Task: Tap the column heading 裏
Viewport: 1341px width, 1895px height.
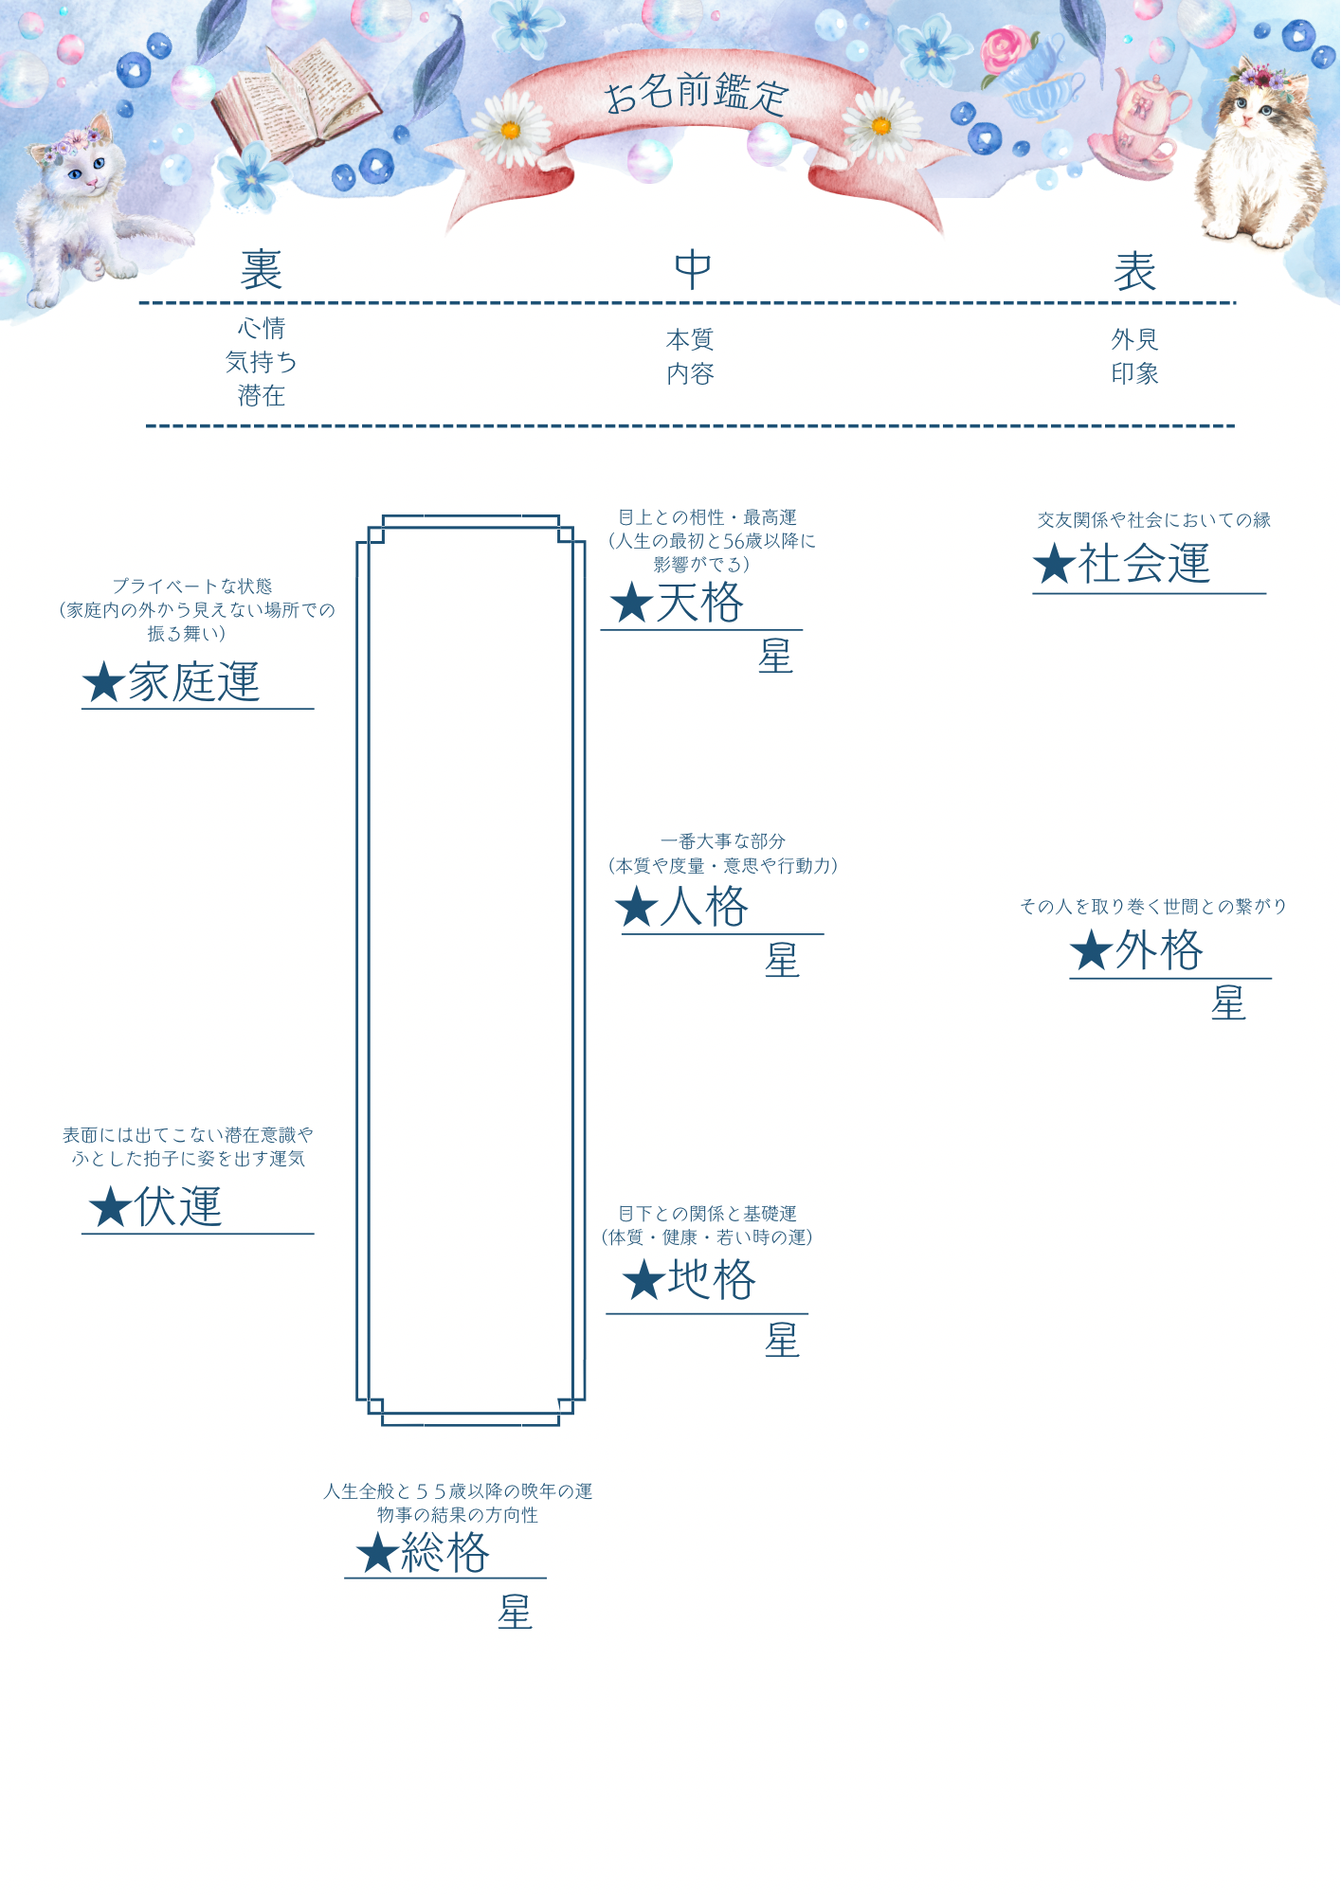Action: click(x=261, y=270)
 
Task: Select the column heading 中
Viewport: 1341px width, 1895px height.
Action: click(x=693, y=270)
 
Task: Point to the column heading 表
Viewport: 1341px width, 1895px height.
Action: click(x=1134, y=272)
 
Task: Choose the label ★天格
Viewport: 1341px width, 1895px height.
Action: click(x=677, y=604)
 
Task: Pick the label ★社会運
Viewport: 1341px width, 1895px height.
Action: click(x=1122, y=564)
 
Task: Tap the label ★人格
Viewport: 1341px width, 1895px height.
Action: click(x=682, y=907)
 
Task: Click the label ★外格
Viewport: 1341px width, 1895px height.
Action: click(x=1136, y=950)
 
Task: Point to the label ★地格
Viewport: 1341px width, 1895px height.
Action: click(x=689, y=1280)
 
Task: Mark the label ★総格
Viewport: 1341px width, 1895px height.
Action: click(x=423, y=1553)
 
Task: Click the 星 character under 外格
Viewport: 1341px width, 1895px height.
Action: click(x=1228, y=1003)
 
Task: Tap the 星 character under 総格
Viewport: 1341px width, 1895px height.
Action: click(x=515, y=1613)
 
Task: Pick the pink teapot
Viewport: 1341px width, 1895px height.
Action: click(x=1147, y=118)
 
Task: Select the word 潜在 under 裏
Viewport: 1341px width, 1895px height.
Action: click(x=261, y=396)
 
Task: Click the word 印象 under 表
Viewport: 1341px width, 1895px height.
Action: click(x=1134, y=374)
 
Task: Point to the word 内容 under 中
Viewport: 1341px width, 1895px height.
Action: click(x=690, y=374)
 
